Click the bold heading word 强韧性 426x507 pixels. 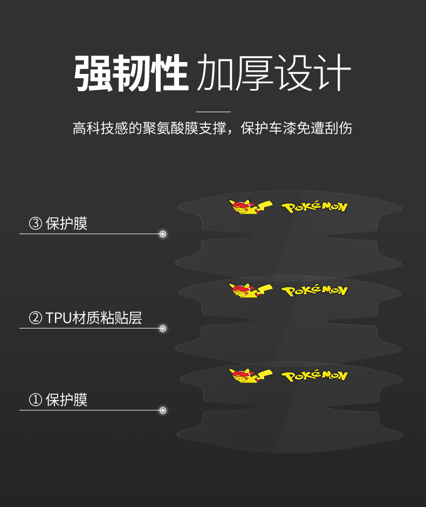(x=131, y=72)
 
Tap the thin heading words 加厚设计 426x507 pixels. (x=274, y=72)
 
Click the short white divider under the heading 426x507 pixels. (x=213, y=112)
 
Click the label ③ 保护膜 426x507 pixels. (x=58, y=223)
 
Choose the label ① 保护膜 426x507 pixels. (x=58, y=400)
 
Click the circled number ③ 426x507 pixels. (x=36, y=224)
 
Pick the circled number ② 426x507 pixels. (x=36, y=318)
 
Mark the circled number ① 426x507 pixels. (x=36, y=400)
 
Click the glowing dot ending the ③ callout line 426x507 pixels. (x=163, y=234)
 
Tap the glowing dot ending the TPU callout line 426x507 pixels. (x=163, y=328)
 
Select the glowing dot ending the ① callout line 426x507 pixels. (x=163, y=410)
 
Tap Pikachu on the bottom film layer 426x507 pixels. (x=249, y=375)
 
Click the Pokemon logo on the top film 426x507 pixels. (x=314, y=207)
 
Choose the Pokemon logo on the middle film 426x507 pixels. (x=314, y=291)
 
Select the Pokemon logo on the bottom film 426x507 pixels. (x=314, y=375)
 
